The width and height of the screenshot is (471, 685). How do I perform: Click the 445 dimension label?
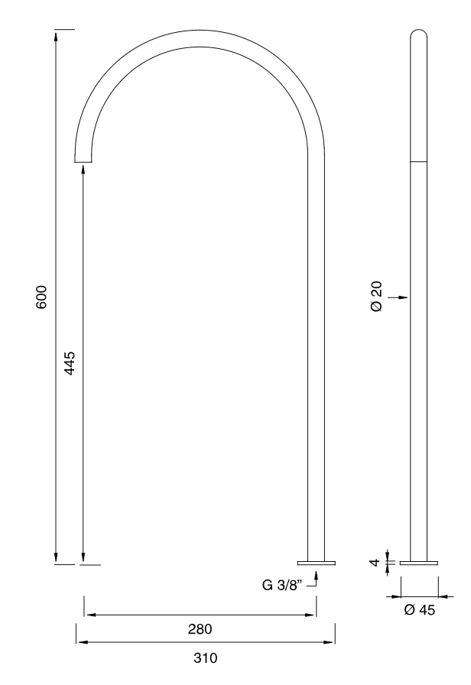coord(70,362)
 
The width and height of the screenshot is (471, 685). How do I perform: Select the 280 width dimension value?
coord(200,630)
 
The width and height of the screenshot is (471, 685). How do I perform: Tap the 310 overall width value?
coord(205,657)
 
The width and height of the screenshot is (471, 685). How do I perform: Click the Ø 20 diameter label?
coord(375,297)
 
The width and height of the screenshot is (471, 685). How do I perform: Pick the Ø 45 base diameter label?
coord(419,609)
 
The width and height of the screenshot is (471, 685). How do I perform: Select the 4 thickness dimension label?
coord(375,563)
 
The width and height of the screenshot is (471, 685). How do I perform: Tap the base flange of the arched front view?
coord(320,563)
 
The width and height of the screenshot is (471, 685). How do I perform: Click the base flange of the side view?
coord(419,563)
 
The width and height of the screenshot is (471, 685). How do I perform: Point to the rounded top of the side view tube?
coord(419,34)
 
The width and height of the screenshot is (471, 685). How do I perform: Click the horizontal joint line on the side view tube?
coord(419,161)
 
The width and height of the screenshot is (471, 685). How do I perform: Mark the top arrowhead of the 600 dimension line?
coord(56,34)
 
